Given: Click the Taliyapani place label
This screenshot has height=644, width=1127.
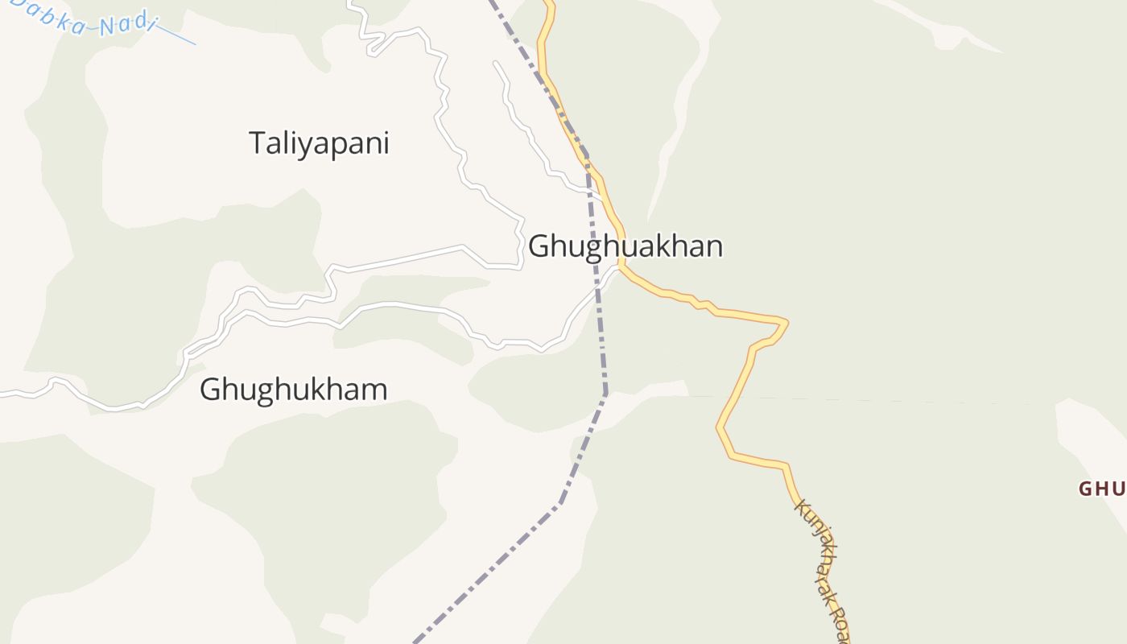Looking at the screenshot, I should [319, 143].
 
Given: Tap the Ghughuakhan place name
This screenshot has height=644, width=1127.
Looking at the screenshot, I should [625, 246].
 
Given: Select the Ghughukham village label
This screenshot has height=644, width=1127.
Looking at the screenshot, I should [293, 390].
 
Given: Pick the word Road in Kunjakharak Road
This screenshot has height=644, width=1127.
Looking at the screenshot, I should [840, 623].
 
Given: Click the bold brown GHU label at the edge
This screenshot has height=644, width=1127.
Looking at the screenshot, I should [1102, 489].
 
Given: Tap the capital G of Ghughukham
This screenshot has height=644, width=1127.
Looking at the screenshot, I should [210, 390].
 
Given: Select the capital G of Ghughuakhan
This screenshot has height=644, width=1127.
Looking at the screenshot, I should [539, 246].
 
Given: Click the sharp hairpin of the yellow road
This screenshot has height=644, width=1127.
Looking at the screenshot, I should [785, 324].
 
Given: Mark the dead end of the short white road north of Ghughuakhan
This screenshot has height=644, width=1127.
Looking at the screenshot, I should [496, 63].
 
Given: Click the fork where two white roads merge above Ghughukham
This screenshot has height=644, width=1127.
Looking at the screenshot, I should [187, 353].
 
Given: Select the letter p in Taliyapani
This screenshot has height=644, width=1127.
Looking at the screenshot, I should [345, 147].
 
